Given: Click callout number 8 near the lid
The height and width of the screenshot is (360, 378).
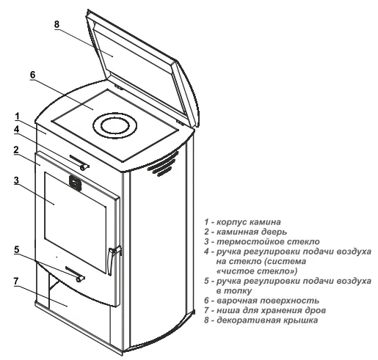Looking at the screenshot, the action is pyautogui.click(x=57, y=24).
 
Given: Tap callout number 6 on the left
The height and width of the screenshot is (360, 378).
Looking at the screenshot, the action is pyautogui.click(x=33, y=75).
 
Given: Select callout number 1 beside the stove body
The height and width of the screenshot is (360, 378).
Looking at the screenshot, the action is pyautogui.click(x=17, y=117).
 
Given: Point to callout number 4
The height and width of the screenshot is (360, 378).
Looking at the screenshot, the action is pyautogui.click(x=16, y=129).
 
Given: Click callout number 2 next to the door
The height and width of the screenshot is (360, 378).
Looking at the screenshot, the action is pyautogui.click(x=16, y=150).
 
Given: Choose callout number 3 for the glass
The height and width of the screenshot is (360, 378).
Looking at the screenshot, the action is pyautogui.click(x=16, y=180).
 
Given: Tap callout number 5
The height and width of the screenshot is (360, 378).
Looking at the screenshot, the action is pyautogui.click(x=16, y=250).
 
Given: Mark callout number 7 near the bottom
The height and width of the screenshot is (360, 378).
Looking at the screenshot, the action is pyautogui.click(x=16, y=282).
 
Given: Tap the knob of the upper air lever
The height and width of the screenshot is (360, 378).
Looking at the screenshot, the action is pyautogui.click(x=84, y=167).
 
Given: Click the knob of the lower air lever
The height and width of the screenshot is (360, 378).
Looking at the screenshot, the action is pyautogui.click(x=79, y=279).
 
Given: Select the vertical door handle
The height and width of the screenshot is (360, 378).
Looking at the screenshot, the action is pyautogui.click(x=109, y=260).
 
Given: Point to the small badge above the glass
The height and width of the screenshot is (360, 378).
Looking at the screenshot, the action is pyautogui.click(x=76, y=183).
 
